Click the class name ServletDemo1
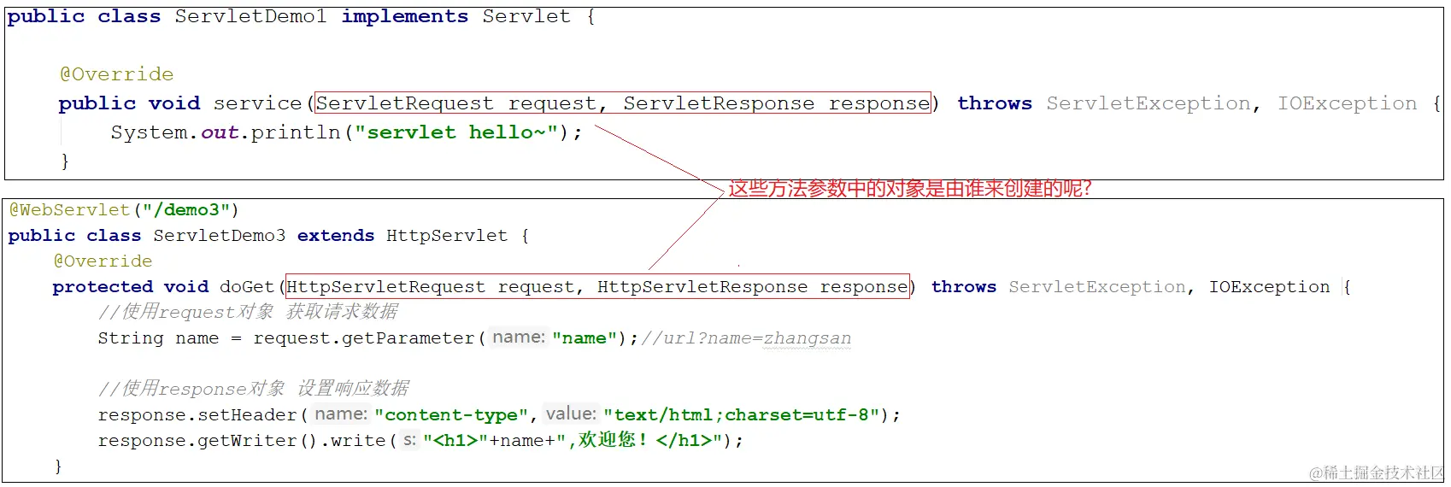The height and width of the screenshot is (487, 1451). coord(250,16)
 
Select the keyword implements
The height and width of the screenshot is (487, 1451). coord(404,16)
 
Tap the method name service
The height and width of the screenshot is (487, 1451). coord(257,103)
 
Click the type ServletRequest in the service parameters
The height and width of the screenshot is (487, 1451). coord(405,103)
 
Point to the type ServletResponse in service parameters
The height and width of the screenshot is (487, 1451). coord(719,103)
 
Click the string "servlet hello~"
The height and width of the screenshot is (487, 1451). coord(456,132)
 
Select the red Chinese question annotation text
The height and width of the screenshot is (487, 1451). coord(909,189)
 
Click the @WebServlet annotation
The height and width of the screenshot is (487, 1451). coord(69,210)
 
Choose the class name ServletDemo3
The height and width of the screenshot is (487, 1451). coord(220,236)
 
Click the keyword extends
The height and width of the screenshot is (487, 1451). coord(336,236)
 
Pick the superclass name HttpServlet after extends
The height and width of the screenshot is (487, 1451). coord(447,236)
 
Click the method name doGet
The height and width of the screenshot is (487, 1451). coord(247,287)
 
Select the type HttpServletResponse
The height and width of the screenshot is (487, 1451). coord(702,287)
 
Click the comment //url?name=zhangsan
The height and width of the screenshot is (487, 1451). coord(746,338)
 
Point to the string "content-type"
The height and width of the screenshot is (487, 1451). coord(451,415)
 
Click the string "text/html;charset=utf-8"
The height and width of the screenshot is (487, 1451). coord(741,415)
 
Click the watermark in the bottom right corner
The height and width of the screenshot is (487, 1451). coord(1376,472)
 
